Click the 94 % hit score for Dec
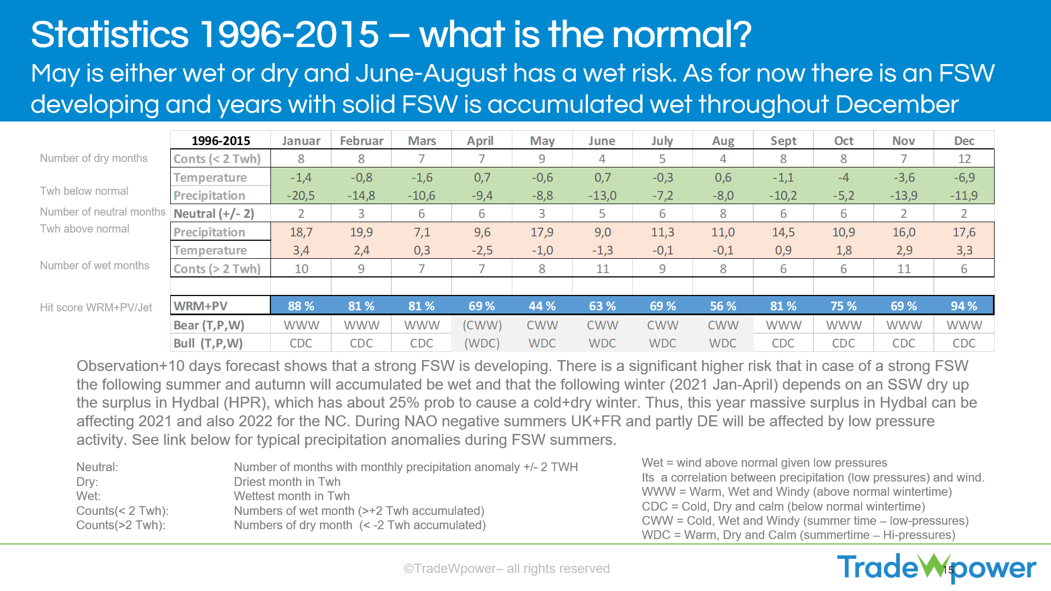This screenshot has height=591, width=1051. pos(964,306)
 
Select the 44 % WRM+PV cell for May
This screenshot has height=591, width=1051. pos(542,306)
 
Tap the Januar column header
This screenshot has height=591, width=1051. pos(301,141)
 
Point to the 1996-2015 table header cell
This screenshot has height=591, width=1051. pos(221,141)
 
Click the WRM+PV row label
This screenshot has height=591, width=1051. pos(201,306)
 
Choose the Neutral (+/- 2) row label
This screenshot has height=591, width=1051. pos(214,213)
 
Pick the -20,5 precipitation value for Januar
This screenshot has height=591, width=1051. pos(301,195)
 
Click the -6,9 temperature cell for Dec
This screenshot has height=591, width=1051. pos(964,177)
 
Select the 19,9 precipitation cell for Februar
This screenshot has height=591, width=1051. pos(361,232)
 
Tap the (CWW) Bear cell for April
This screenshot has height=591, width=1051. pos(482,325)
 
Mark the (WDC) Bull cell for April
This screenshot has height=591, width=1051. pos(482,343)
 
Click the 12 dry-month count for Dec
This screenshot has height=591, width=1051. pos(964,159)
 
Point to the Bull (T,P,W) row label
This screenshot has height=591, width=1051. pos(208,343)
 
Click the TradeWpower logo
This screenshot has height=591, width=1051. pos(936,567)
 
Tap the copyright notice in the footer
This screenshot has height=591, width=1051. pos(506,569)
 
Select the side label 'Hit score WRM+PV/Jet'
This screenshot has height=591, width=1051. pos(96,308)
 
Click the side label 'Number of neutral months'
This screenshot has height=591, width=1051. pos(102,212)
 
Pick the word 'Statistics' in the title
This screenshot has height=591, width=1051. pos(109,34)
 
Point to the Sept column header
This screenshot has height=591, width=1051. pos(783,141)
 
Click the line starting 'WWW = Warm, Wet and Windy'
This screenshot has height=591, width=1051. pos(796,492)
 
